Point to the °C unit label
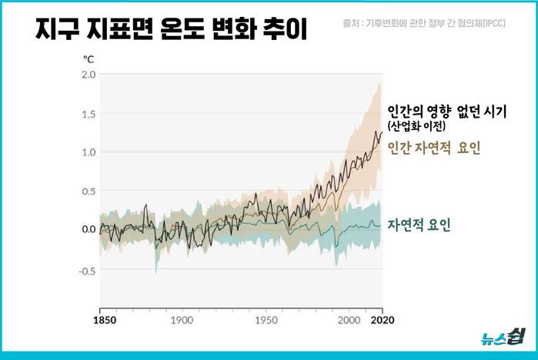coord(89,58)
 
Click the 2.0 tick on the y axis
coord(89,75)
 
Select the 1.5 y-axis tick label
coord(89,114)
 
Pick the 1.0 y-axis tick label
coord(89,152)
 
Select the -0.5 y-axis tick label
coord(87,270)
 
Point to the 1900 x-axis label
coord(182,319)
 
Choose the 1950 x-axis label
coord(266,319)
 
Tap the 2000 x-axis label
coord(349,319)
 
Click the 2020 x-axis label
coord(382,319)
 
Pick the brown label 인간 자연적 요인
coord(434,148)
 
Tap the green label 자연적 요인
coord(419,225)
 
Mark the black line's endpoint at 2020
coord(382,132)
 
